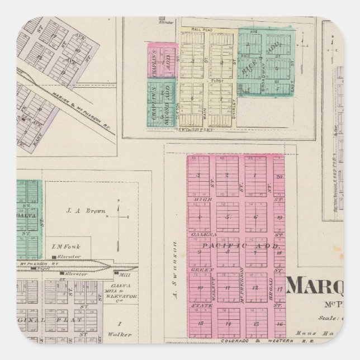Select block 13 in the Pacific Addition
point(256,324)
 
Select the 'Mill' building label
point(120,274)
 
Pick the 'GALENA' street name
point(199,235)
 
